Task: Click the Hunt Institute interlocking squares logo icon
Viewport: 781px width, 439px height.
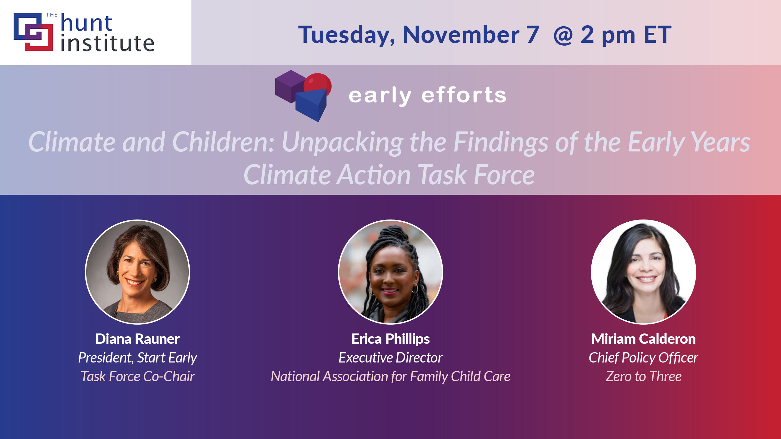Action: [33, 32]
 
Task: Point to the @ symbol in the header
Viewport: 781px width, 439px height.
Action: [563, 35]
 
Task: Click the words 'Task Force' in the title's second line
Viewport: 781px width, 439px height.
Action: [476, 175]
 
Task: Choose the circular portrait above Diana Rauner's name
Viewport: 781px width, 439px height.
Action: [137, 272]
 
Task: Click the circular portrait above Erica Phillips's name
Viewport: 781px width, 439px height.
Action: [390, 272]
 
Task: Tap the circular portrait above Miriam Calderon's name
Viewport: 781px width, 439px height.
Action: [644, 272]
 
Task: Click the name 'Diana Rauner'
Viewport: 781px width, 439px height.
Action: [137, 339]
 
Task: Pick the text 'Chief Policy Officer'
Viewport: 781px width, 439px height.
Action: [643, 358]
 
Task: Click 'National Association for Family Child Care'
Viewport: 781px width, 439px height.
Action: [390, 377]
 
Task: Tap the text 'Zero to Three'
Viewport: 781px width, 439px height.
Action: [644, 377]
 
